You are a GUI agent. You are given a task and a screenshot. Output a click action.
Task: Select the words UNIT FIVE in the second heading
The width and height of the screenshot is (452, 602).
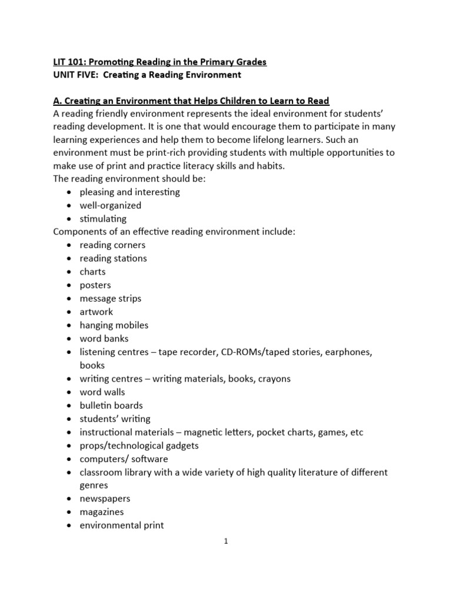pos(69,75)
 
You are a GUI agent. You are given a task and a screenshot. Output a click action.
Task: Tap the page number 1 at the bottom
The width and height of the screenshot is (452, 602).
pos(225,542)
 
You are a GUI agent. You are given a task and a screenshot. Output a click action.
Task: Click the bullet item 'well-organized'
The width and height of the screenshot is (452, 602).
pos(110,205)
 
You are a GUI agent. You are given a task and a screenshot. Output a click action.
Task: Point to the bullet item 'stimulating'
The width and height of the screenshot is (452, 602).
pos(103,219)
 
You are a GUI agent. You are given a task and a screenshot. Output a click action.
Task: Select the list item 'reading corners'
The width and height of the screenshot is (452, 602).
pos(112,245)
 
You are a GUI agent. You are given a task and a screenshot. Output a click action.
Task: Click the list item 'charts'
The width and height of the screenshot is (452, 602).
pos(92,272)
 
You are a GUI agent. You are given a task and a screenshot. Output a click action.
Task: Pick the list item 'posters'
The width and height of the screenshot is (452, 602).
pos(95,285)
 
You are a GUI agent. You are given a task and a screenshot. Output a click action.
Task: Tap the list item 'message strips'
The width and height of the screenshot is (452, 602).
pos(111,299)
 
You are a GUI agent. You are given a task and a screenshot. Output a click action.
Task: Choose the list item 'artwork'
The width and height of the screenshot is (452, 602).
pos(96,312)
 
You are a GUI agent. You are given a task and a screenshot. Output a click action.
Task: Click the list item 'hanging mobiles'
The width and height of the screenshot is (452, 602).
pos(114,325)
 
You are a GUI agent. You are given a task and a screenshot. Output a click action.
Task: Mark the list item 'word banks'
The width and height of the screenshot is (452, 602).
pos(104,339)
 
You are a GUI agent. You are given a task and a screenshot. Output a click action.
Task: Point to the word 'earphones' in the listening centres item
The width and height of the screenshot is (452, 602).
pos(351,352)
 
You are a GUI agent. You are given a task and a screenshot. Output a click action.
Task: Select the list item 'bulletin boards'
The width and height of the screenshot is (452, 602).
pos(111,405)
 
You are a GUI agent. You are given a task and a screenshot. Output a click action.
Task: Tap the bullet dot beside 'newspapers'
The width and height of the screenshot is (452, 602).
pos(70,499)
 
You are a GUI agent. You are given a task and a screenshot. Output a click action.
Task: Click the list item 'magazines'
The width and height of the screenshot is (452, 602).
pos(102,512)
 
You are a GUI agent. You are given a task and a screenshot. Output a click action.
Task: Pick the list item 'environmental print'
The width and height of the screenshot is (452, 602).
pos(122,526)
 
